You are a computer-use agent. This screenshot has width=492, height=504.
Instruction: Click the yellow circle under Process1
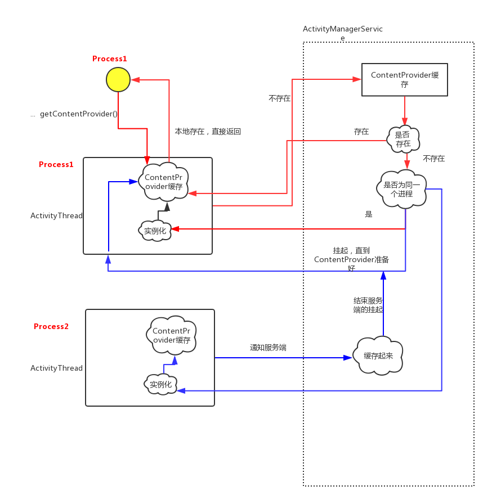pyautogui.click(x=118, y=79)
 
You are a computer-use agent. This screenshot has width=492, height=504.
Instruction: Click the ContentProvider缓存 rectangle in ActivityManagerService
pyautogui.click(x=404, y=79)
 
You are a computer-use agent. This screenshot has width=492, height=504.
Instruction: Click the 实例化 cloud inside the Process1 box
pyautogui.click(x=155, y=229)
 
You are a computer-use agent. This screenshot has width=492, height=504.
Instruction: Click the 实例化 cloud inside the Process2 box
pyautogui.click(x=160, y=384)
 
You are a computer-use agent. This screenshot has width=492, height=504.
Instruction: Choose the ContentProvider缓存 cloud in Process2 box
pyautogui.click(x=171, y=336)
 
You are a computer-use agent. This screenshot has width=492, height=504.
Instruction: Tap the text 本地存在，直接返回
pyautogui.click(x=208, y=131)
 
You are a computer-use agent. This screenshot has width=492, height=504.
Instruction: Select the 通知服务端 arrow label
pyautogui.click(x=268, y=348)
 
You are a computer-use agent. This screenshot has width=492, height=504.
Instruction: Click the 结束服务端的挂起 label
pyautogui.click(x=368, y=305)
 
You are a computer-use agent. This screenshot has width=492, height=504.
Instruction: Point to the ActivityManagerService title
pyautogui.click(x=343, y=33)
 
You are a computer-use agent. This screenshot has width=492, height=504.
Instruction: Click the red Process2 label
pyautogui.click(x=51, y=326)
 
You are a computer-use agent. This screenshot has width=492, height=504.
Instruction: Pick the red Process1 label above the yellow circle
pyautogui.click(x=110, y=58)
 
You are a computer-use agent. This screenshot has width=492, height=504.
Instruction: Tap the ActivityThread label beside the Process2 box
pyautogui.click(x=56, y=368)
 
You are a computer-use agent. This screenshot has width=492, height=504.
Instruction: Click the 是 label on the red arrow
pyautogui.click(x=369, y=214)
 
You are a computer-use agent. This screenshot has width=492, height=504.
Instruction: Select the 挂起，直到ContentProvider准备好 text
pyautogui.click(x=351, y=259)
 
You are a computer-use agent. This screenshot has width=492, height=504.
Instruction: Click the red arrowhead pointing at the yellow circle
pyautogui.click(x=135, y=80)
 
